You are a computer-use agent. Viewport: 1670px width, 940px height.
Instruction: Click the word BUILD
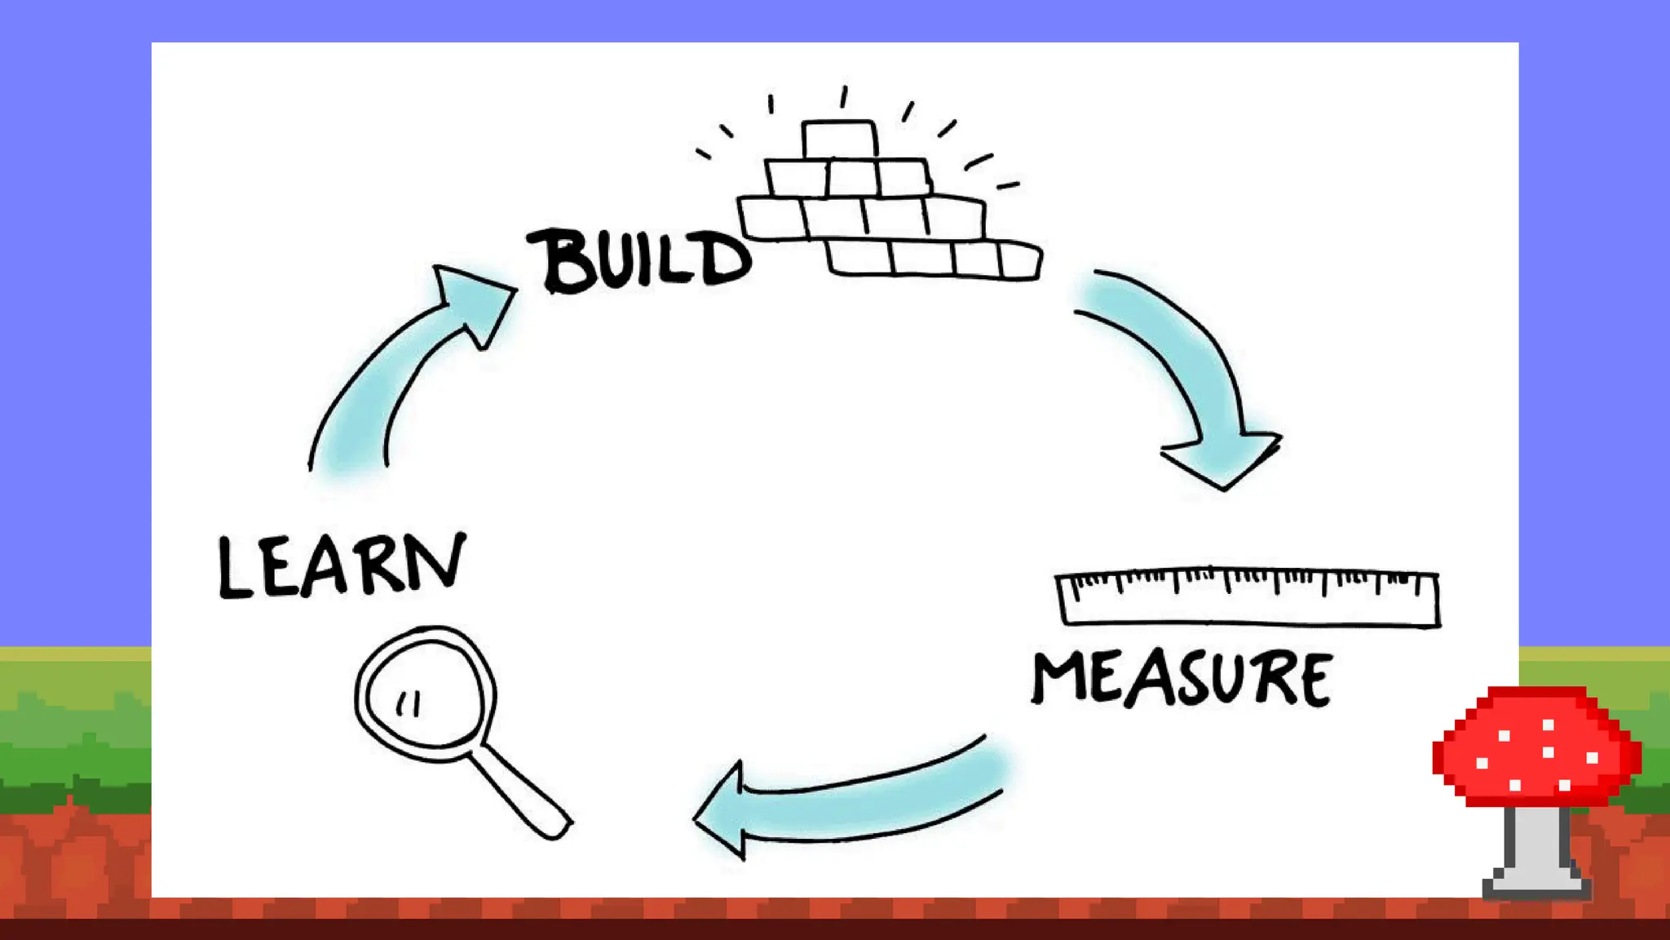pyautogui.click(x=641, y=259)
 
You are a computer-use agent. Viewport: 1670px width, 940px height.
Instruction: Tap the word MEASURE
pyautogui.click(x=1182, y=678)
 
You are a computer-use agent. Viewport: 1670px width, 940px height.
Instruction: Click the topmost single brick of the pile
pyautogui.click(x=839, y=140)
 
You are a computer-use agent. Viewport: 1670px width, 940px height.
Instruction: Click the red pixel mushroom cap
pyautogui.click(x=1536, y=747)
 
